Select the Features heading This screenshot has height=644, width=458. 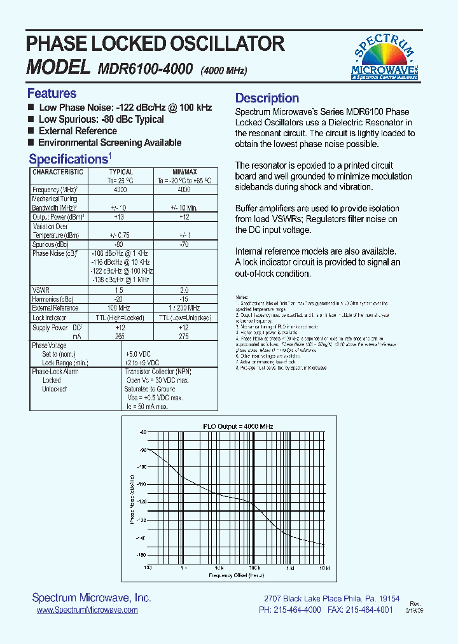coord(52,94)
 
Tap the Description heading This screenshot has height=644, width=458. coord(267,98)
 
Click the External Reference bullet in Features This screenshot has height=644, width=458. coord(78,131)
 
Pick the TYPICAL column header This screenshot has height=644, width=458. coord(121,172)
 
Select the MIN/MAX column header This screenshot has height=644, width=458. coord(184,172)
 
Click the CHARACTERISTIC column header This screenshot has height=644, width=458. coord(58,172)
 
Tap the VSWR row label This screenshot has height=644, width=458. coord(41,289)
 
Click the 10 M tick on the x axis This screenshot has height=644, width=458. coord(324,567)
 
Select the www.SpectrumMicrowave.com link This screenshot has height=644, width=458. coord(87,610)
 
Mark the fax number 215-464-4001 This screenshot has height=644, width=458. coord(368,610)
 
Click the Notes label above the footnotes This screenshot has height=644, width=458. coord(242,297)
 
